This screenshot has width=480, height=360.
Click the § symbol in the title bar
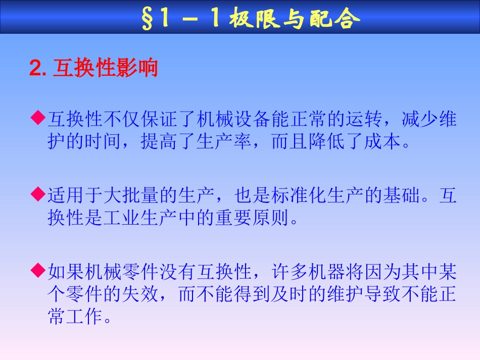[147, 19]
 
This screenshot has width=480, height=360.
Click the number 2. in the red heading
[38, 69]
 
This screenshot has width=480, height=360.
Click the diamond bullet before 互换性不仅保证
[37, 118]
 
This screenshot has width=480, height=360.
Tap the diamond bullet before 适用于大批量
[37, 193]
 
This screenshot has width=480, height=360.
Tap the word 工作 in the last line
[84, 318]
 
